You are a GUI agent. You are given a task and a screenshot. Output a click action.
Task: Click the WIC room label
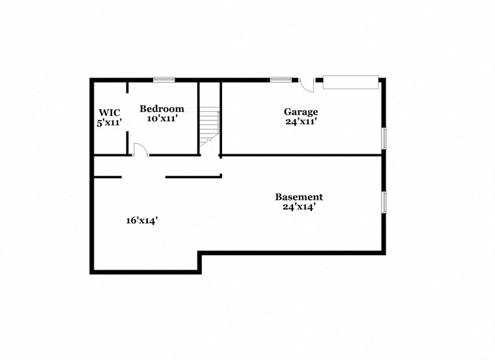(x=109, y=112)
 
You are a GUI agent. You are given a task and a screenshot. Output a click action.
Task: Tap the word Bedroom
(x=162, y=109)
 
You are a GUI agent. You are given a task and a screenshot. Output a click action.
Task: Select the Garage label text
(x=300, y=111)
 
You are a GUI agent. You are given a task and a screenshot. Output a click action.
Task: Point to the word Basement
(x=298, y=197)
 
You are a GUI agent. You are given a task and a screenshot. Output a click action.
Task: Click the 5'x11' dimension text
(x=109, y=122)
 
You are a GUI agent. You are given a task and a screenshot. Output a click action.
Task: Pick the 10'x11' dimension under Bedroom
(x=162, y=119)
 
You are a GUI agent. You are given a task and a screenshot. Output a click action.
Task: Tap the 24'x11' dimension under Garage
(x=301, y=122)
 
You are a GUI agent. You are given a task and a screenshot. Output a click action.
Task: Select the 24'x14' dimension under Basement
(x=299, y=208)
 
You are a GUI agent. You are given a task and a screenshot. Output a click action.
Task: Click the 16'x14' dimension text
(x=142, y=221)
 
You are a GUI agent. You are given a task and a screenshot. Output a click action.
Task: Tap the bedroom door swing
(x=139, y=150)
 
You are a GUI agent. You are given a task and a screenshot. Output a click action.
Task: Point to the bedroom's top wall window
(x=163, y=80)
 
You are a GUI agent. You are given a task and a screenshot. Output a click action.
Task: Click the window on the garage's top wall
(x=280, y=80)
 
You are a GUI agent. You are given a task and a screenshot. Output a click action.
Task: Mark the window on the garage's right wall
(x=384, y=139)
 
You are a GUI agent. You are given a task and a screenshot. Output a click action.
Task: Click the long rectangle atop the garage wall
(x=351, y=82)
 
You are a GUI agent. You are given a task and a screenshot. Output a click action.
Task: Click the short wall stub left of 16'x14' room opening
(x=107, y=176)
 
